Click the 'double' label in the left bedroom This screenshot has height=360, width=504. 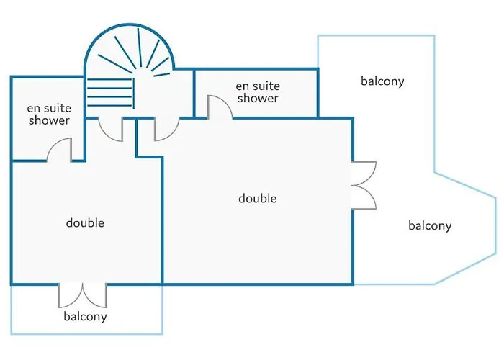tap(85, 222)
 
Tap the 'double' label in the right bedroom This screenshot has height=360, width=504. tap(258, 198)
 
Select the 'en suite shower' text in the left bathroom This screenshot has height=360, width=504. tap(49, 114)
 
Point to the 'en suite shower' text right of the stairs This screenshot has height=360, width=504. tap(258, 92)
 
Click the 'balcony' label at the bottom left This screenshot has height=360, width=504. tap(85, 316)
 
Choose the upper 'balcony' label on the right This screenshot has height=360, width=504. tap(382, 81)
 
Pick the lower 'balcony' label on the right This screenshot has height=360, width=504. tap(430, 225)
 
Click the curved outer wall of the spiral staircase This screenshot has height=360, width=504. tap(129, 24)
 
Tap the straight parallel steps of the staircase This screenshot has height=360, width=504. tap(111, 92)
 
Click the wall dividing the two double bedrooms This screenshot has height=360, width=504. tap(162, 220)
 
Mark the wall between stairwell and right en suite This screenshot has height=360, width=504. tap(194, 93)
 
